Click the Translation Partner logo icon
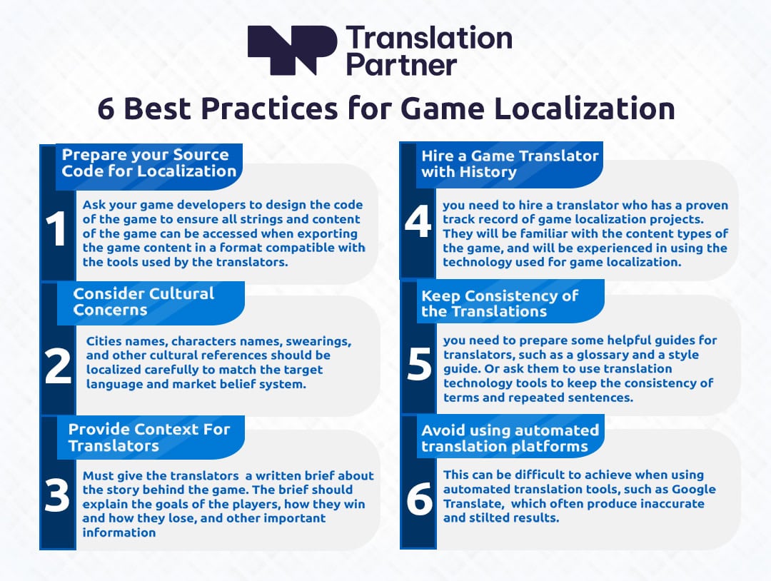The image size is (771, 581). pyautogui.click(x=292, y=50)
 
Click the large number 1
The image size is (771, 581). pyautogui.click(x=56, y=228)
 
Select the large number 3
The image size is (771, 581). pyautogui.click(x=57, y=495)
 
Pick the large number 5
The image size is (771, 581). pyautogui.click(x=420, y=364)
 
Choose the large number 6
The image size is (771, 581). pyautogui.click(x=420, y=498)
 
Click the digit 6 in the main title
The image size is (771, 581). pyautogui.click(x=106, y=109)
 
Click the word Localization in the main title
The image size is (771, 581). pyautogui.click(x=585, y=108)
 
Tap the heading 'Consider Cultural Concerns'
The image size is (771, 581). pyautogui.click(x=143, y=302)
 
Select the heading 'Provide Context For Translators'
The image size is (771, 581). pyautogui.click(x=149, y=437)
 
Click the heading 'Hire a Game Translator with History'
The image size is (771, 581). pyautogui.click(x=510, y=163)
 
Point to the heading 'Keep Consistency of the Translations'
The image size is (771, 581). pyautogui.click(x=500, y=303)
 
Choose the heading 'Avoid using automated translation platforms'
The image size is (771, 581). pyautogui.click(x=510, y=438)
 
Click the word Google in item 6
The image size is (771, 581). pyautogui.click(x=694, y=490)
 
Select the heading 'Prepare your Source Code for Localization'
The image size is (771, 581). pyautogui.click(x=149, y=163)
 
